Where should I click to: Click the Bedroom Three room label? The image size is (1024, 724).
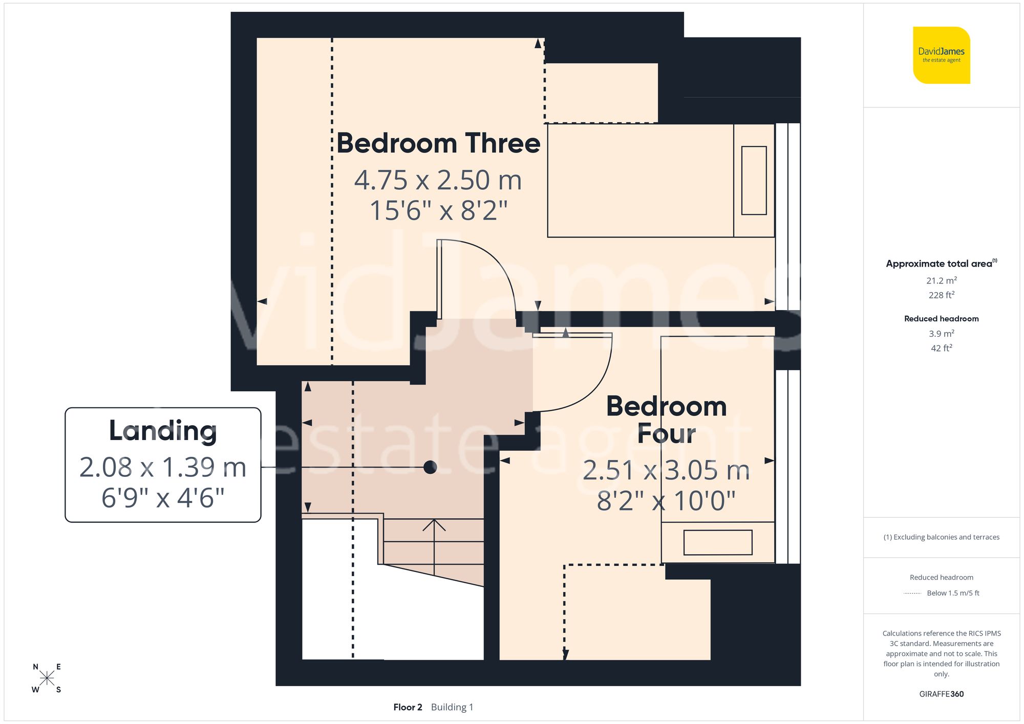pyautogui.click(x=438, y=143)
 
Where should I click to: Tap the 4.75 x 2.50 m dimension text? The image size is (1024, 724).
pyautogui.click(x=438, y=180)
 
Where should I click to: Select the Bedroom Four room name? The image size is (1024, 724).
pyautogui.click(x=666, y=420)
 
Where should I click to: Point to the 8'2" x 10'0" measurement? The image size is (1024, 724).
pyautogui.click(x=666, y=501)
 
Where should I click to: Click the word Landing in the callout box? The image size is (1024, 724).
pyautogui.click(x=163, y=430)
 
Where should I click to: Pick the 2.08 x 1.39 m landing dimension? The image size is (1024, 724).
pyautogui.click(x=163, y=467)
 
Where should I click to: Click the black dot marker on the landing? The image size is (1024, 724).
pyautogui.click(x=430, y=467)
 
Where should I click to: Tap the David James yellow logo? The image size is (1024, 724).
pyautogui.click(x=941, y=55)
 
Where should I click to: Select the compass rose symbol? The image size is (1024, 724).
pyautogui.click(x=47, y=678)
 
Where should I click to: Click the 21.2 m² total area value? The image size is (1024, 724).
pyautogui.click(x=941, y=280)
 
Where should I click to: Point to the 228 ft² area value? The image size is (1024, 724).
pyautogui.click(x=941, y=295)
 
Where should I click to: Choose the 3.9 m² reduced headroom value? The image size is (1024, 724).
pyautogui.click(x=941, y=334)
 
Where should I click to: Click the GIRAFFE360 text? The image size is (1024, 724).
pyautogui.click(x=941, y=694)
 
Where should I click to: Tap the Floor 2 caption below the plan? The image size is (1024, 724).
pyautogui.click(x=408, y=707)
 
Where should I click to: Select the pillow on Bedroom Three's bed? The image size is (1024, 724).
pyautogui.click(x=754, y=181)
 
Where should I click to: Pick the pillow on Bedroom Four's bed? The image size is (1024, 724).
pyautogui.click(x=717, y=542)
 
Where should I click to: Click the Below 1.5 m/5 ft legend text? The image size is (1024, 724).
pyautogui.click(x=952, y=593)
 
